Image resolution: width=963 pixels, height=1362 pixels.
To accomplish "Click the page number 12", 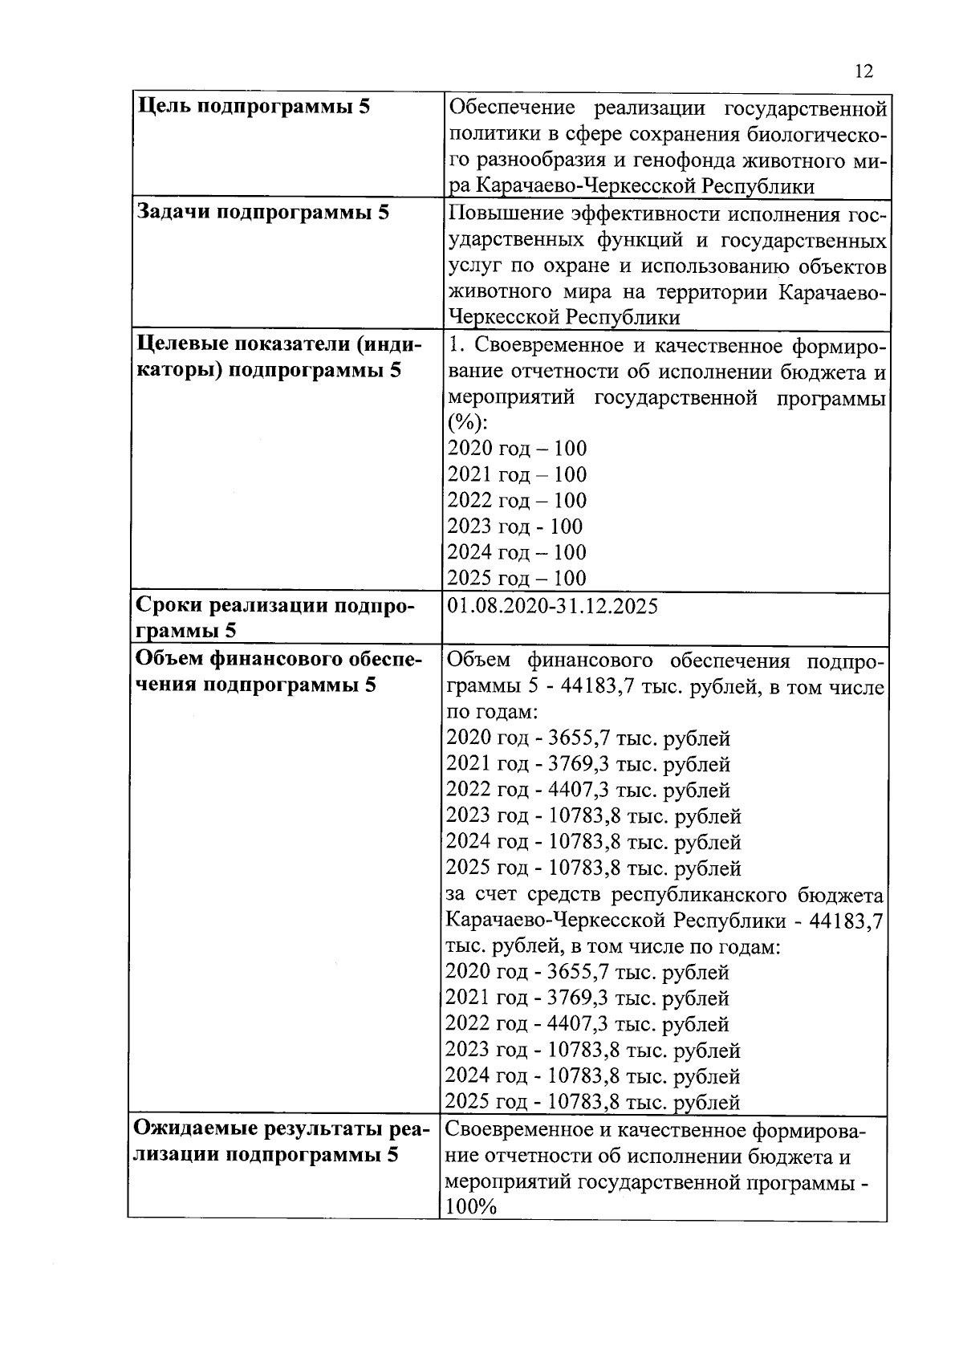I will [x=863, y=71].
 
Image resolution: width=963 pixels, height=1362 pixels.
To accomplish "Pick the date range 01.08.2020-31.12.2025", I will [x=553, y=606].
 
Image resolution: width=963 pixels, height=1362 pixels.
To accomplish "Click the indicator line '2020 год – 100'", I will [x=517, y=448].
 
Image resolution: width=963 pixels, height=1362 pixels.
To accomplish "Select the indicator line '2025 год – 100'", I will [x=517, y=578].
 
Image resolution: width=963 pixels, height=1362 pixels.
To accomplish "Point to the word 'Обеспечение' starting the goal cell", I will [x=513, y=108].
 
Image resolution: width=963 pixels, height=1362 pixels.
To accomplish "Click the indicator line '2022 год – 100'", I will [x=517, y=500].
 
